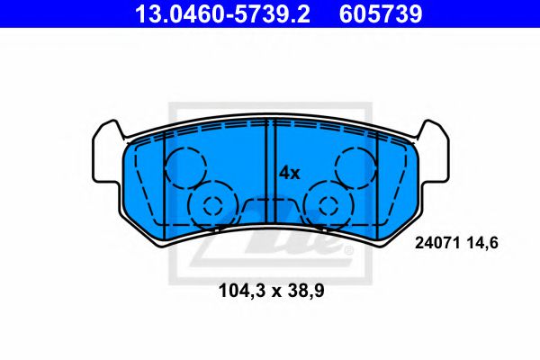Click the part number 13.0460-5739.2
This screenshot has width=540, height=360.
click(207, 14)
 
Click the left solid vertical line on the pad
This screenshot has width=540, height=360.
click(163, 180)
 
